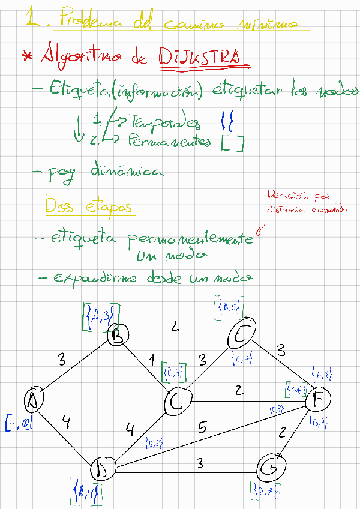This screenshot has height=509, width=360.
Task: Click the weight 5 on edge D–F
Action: (x=202, y=428)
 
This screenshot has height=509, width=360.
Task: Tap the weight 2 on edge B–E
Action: (x=174, y=326)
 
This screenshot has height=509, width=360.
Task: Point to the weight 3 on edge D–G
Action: (x=199, y=463)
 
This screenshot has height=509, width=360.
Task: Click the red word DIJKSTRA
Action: (x=202, y=57)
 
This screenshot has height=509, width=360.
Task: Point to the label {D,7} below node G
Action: (x=266, y=492)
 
